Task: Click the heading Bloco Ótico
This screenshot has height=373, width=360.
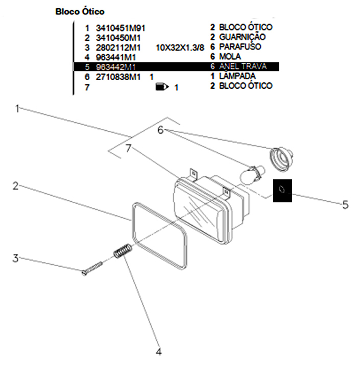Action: point(80,11)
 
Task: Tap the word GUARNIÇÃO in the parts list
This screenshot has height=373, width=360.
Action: point(242,37)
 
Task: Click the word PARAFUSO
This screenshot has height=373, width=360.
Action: point(239,47)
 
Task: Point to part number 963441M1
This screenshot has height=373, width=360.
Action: point(116,57)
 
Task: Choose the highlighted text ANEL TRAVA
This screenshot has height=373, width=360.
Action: point(243,66)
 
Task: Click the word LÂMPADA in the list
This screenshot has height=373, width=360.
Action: point(237,76)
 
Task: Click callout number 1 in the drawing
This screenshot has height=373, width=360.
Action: point(17,108)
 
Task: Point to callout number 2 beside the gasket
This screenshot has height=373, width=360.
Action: point(16,186)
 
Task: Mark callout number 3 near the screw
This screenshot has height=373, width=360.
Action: point(16,258)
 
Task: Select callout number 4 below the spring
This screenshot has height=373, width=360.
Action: point(159,352)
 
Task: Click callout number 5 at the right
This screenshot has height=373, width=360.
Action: point(345,205)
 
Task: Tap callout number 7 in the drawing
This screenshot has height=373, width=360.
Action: point(129,148)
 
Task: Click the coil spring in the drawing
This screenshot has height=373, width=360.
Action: point(123,251)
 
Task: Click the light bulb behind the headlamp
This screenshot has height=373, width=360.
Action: point(253,174)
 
